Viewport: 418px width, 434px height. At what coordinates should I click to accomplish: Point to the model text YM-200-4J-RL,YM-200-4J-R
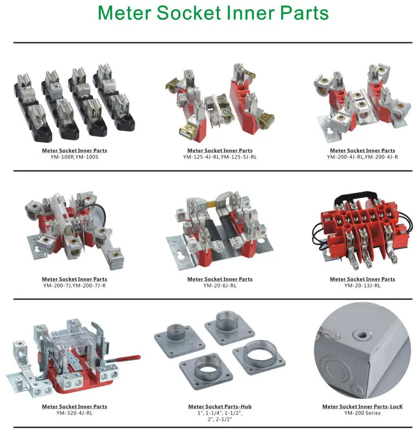pos(362,157)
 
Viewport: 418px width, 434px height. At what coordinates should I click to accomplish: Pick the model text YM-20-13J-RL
pos(362,285)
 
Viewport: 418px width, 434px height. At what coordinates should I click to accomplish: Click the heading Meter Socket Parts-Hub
pos(219,406)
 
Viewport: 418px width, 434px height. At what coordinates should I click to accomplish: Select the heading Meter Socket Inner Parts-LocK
pos(362,406)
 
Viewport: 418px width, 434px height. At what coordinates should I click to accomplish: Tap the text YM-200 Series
pos(362,413)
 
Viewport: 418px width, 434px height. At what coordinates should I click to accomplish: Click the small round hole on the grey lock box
pos(358,329)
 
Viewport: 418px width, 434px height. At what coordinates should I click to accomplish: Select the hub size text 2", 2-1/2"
pos(219,419)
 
